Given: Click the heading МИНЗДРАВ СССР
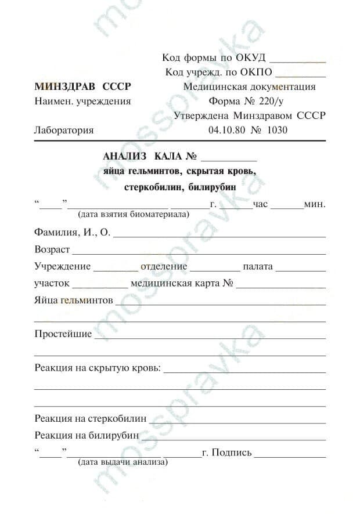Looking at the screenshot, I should pos(83,87).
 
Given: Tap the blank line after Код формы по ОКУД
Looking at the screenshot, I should pos(298,60).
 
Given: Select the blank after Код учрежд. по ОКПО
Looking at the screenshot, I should pos(300,75).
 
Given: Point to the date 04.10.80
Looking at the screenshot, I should pos(226,130).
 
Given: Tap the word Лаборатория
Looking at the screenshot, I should pos(64,130).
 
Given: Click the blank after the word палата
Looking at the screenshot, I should pos(300,270).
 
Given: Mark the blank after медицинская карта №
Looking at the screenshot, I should pos(281,287).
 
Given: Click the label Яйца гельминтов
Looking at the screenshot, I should pos(74,301).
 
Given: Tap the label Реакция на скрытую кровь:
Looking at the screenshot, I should pos(98,368).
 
